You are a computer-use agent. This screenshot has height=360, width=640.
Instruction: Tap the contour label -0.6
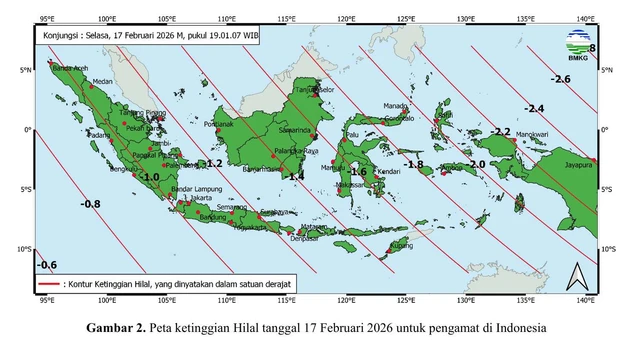tap(46, 265)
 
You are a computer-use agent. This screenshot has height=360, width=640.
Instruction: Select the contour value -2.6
tap(560, 79)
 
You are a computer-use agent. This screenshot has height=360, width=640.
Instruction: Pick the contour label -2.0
tap(476, 164)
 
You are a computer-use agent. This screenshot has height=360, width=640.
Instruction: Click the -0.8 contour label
tap(90, 204)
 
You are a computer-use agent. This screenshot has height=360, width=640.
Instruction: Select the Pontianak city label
tap(219, 125)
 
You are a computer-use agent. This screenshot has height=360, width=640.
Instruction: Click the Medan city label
tap(102, 82)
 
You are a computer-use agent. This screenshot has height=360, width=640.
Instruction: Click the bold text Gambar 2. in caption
tap(116, 328)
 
